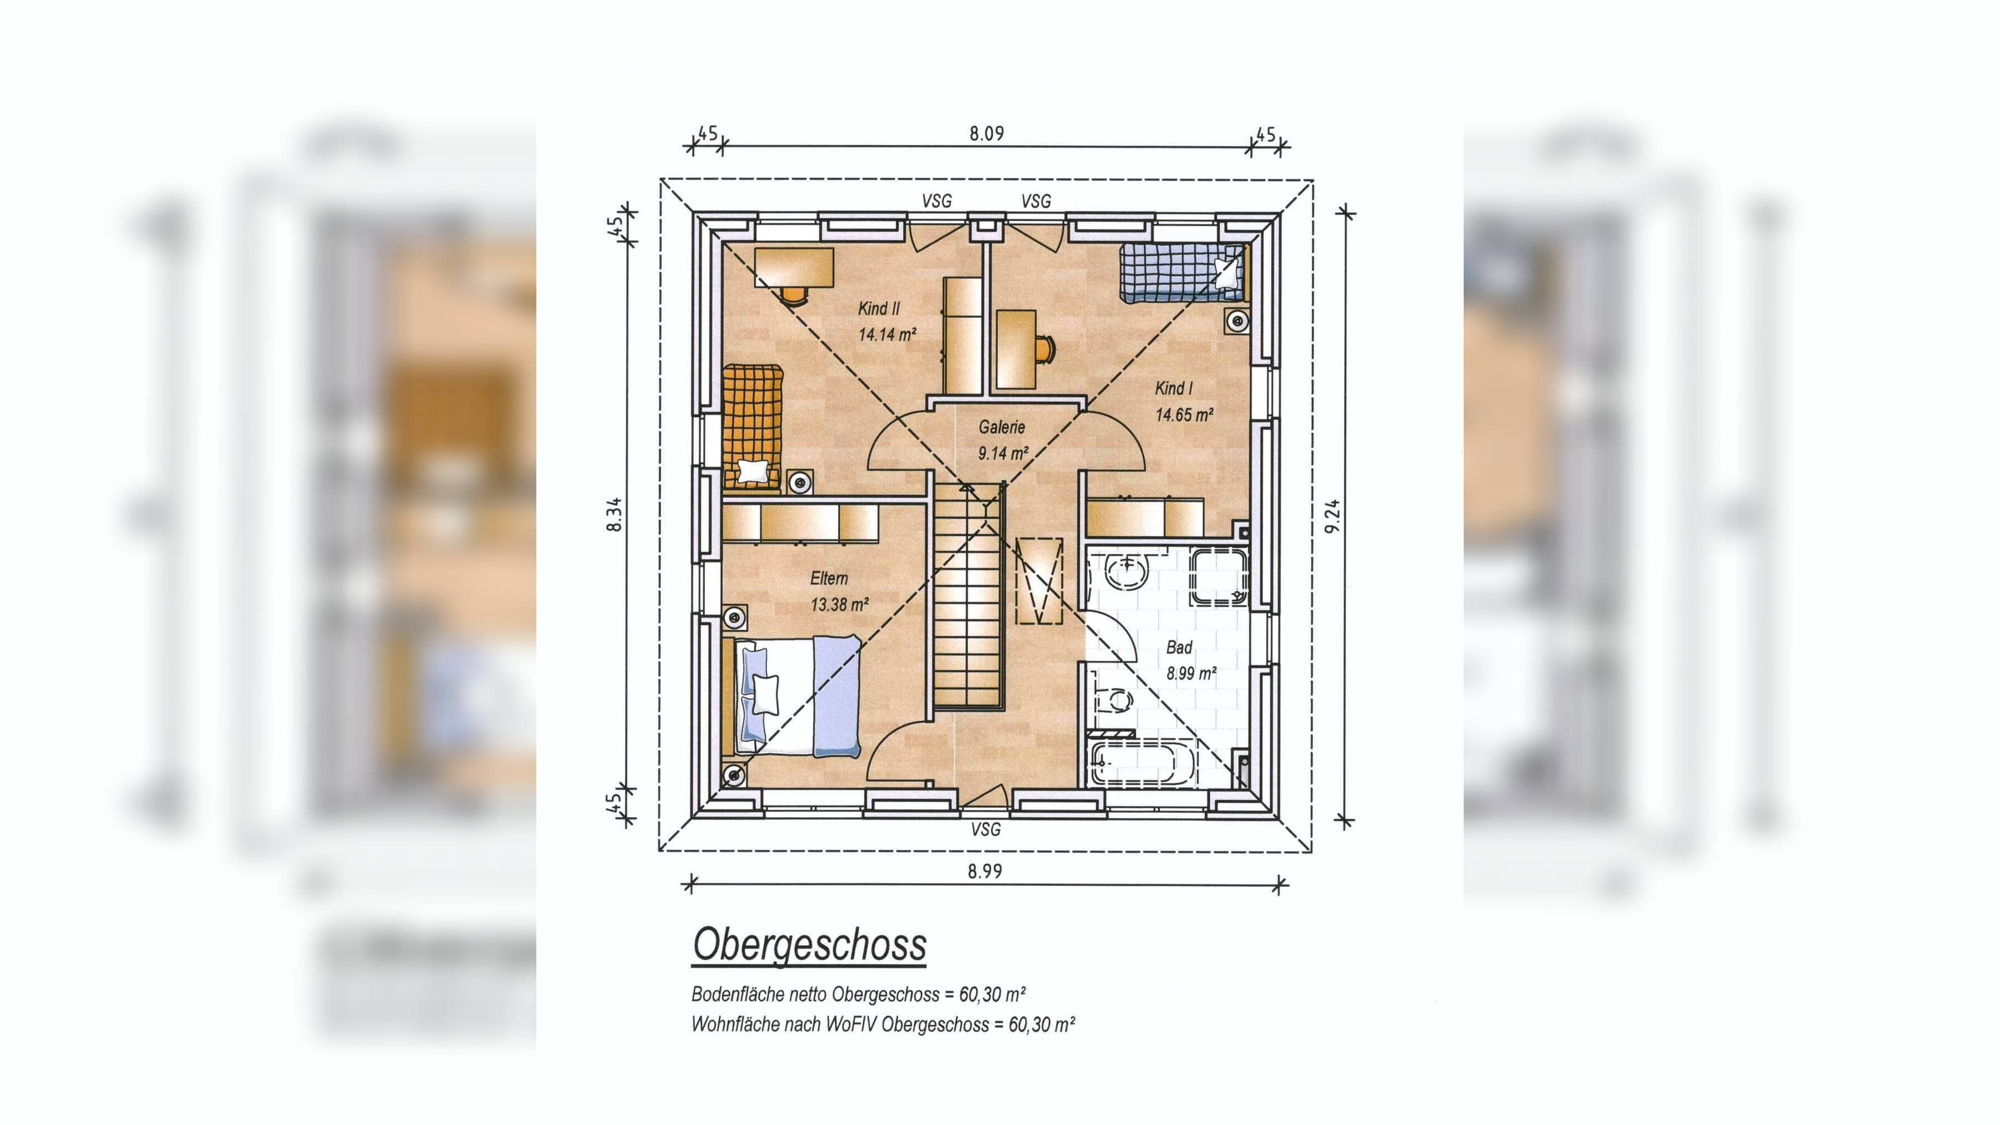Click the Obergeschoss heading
point(809,945)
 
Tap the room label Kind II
point(879,308)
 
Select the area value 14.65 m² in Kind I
point(1184,414)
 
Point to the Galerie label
point(1002,427)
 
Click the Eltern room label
point(829,579)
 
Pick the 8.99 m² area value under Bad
point(1191,673)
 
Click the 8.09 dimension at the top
point(986,134)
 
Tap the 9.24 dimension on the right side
point(1332,516)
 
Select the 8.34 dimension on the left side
point(614,514)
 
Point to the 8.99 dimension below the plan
point(984,871)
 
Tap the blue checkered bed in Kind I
point(1182,272)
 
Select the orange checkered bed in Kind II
point(752,427)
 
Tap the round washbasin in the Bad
point(1126,572)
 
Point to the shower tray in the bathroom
point(1219,577)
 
